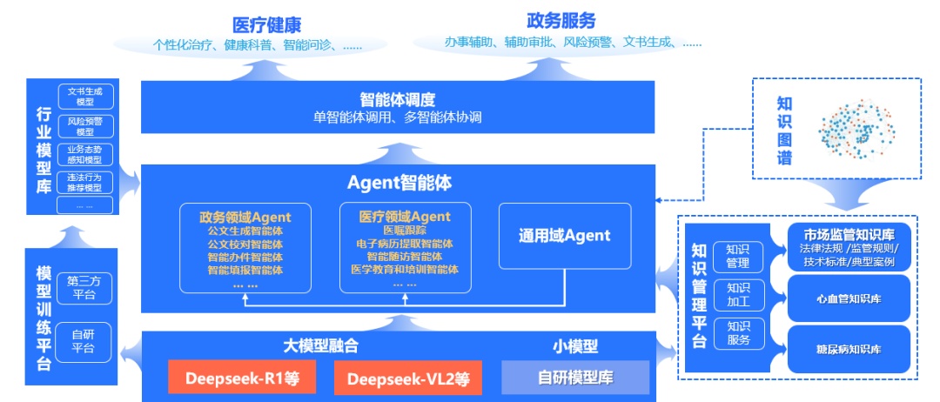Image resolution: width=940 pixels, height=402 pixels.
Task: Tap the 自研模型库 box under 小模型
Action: pos(575,379)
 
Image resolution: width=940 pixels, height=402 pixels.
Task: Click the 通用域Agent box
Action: pos(564,235)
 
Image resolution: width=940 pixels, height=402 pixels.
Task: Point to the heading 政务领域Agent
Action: pos(245,217)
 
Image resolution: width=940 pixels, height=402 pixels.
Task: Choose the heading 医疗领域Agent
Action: pos(405,216)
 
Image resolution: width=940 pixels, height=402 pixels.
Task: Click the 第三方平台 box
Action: pos(84,288)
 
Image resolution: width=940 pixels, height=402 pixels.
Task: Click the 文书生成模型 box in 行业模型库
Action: pos(84,96)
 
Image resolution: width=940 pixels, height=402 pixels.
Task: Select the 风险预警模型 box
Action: pos(84,126)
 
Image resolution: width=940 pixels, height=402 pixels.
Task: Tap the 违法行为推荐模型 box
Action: pos(84,182)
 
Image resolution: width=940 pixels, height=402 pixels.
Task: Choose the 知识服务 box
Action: pos(737,333)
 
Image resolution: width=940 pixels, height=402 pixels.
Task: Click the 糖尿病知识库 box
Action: pos(848,349)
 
